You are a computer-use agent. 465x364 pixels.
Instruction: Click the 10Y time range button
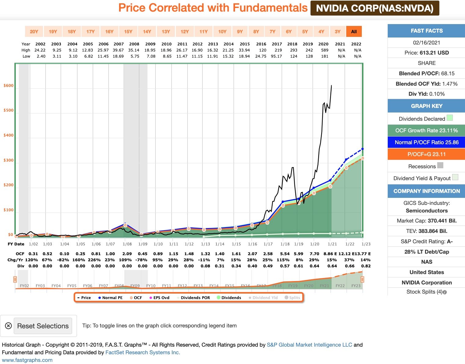pos(222,31)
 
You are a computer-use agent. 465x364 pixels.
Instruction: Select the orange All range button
pos(354,31)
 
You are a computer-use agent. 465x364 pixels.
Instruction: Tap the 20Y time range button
pos(34,31)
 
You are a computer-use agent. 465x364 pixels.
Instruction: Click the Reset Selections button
pos(43,326)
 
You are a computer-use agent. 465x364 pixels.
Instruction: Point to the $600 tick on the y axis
pos(9,86)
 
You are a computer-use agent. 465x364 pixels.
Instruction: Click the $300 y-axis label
pos(9,160)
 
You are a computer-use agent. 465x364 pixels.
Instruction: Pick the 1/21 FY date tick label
pos(332,244)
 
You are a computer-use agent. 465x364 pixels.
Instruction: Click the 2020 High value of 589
pos(325,50)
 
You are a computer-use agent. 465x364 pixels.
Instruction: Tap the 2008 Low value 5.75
pos(135,56)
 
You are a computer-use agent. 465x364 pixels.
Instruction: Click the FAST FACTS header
pos(427,31)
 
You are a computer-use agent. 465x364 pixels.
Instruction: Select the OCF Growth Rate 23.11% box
pos(427,130)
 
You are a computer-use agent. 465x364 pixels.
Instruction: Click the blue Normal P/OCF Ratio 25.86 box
pos(427,142)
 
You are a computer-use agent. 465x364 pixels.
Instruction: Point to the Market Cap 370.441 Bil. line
pos(427,221)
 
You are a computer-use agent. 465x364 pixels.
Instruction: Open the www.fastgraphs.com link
pos(27,360)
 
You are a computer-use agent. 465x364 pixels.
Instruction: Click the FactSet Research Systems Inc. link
pos(143,352)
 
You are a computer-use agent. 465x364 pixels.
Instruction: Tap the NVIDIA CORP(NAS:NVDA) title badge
pos(375,8)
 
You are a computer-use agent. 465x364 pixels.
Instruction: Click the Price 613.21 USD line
pos(427,53)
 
